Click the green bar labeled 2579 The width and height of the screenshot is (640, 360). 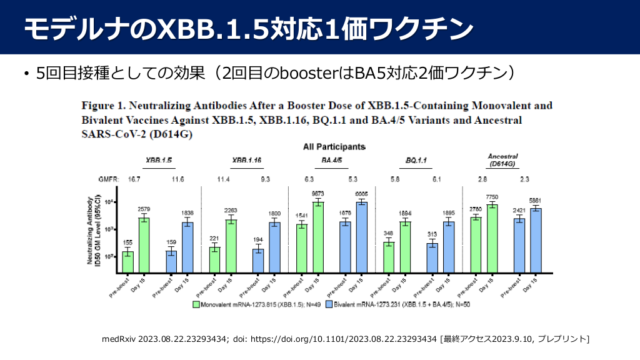(144, 245)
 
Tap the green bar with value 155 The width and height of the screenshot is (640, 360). (128, 262)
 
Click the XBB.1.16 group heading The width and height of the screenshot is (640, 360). (246, 161)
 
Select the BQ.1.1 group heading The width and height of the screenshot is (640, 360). (416, 161)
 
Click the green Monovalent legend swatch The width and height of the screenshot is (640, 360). (196, 306)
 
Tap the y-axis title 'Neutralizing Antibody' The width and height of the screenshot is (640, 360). (91, 231)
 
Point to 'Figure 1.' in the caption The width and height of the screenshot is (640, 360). (104, 106)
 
